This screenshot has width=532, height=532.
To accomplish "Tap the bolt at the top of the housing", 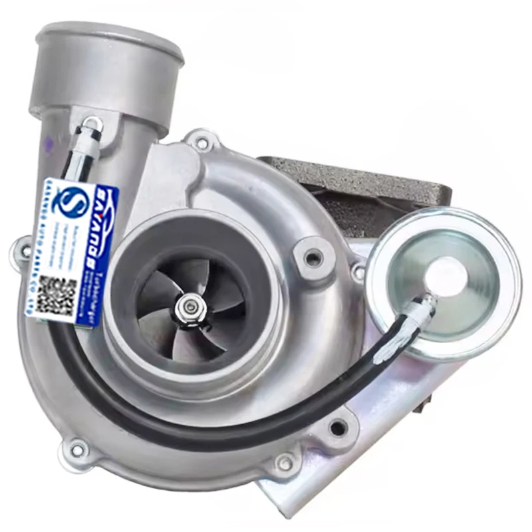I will [201, 142].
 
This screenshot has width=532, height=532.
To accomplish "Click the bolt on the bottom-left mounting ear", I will [78, 450].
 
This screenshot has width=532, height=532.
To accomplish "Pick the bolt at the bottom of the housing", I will [285, 462].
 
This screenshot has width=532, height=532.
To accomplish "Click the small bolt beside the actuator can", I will [359, 272].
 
